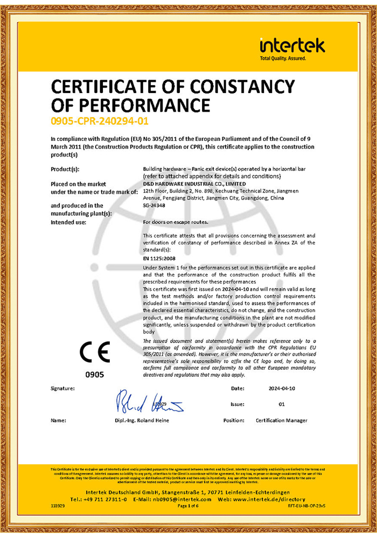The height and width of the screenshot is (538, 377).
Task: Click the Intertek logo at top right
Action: tap(292, 48)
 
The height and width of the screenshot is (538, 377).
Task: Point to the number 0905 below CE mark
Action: tap(95, 374)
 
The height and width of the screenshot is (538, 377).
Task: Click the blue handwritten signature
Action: tap(149, 401)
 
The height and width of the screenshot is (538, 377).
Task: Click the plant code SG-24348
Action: tap(155, 205)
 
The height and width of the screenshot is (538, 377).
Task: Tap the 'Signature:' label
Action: tap(63, 388)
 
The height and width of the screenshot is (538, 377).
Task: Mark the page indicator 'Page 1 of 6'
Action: tap(188, 506)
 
